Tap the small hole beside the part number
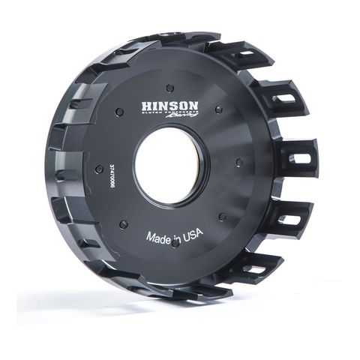click(98, 169)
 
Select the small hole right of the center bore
click(238, 161)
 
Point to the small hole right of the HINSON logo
click(218, 109)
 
